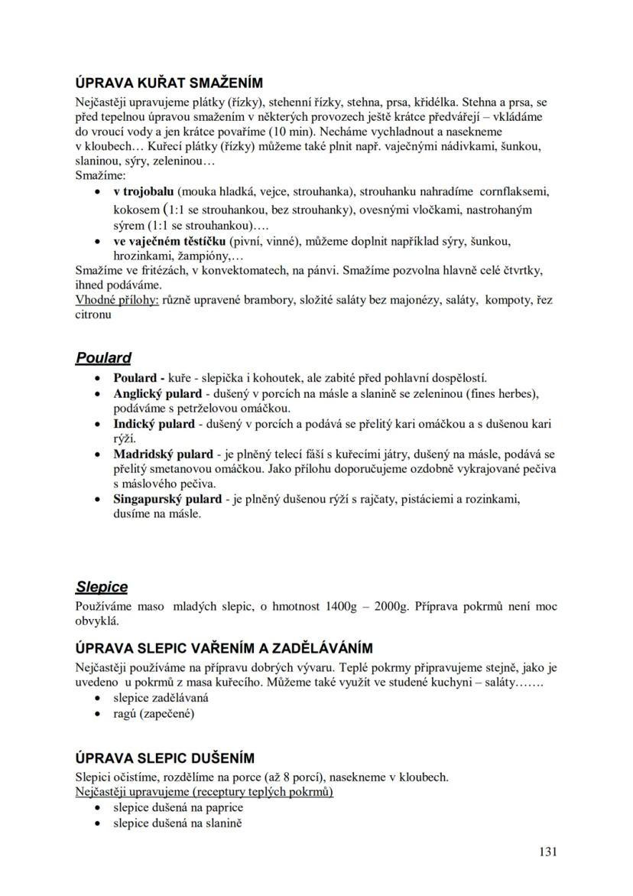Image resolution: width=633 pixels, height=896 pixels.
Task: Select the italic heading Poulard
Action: point(103,357)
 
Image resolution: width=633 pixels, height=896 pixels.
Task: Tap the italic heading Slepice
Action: point(102,587)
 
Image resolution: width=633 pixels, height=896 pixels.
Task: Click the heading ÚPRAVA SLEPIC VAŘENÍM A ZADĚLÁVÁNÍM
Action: point(224,649)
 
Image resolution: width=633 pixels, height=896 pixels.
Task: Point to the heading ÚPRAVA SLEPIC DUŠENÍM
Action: point(164,758)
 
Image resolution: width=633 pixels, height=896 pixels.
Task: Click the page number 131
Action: point(547,852)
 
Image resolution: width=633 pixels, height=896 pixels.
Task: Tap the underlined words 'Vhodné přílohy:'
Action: point(117,300)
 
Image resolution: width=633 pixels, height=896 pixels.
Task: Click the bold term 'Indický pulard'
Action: point(154,424)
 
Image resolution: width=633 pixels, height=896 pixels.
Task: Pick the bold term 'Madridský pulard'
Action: point(163,455)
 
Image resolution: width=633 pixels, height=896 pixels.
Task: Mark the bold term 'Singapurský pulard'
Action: point(167,499)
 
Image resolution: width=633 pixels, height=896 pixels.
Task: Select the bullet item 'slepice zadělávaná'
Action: point(161,698)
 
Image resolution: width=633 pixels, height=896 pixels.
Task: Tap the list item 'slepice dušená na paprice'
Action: point(178,807)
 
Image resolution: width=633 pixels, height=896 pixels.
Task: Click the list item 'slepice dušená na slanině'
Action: point(178,823)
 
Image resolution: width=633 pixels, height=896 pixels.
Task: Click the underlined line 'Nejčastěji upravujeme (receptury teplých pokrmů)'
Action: point(204,792)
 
